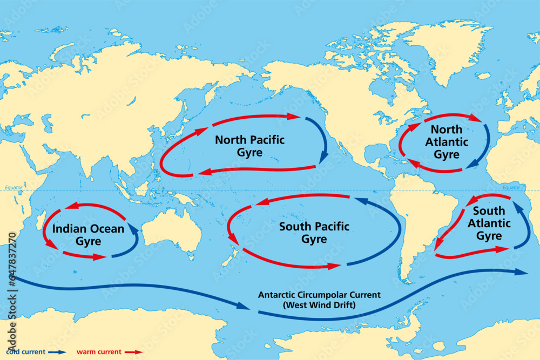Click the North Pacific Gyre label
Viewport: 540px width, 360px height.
pyautogui.click(x=249, y=146)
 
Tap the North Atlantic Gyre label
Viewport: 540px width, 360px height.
pyautogui.click(x=447, y=142)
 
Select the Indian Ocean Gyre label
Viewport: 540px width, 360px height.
pyautogui.click(x=88, y=235)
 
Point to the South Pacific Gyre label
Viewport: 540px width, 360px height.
pyautogui.click(x=314, y=233)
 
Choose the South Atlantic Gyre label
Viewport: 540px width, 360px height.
pyautogui.click(x=489, y=223)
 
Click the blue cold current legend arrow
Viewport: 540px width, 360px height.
pyautogui.click(x=55, y=352)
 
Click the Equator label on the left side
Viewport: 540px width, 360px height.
pyautogui.click(x=13, y=188)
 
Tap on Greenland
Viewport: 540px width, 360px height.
pyautogui.click(x=443, y=49)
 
